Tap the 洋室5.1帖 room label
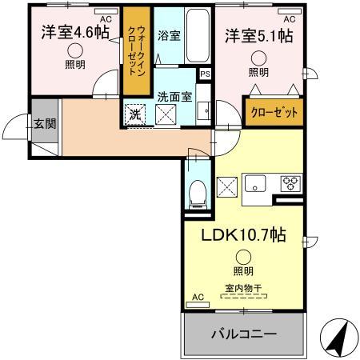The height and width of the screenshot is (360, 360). coord(257,35)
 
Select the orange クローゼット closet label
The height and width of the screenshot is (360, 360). coord(274,113)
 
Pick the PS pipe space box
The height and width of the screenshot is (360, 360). coord(206,74)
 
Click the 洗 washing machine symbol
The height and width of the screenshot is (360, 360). coord(135,114)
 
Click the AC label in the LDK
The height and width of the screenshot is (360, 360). coord(197,298)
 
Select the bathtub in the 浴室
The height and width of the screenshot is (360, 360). coord(194,32)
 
